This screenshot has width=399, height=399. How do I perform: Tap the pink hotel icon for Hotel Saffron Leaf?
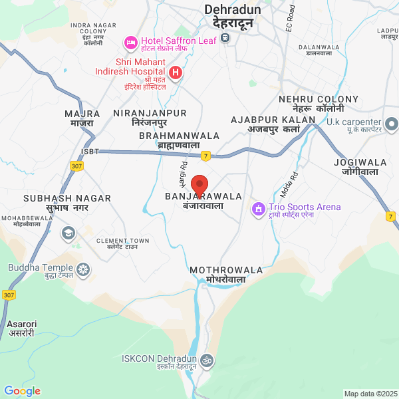tap(130, 43)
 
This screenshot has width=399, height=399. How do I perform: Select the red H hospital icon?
tap(176, 72)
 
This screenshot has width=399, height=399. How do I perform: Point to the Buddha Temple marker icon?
tap(83, 269)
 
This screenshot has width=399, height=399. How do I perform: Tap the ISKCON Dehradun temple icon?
tap(207, 360)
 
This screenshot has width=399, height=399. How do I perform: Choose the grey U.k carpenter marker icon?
tap(391, 124)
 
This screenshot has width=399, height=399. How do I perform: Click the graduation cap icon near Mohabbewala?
tap(68, 233)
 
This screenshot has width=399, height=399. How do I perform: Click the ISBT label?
tap(89, 152)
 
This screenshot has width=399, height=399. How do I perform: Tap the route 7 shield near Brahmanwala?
tap(206, 156)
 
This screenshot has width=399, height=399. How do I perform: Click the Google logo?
tap(22, 391)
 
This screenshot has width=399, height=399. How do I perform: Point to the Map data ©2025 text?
tap(370, 394)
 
